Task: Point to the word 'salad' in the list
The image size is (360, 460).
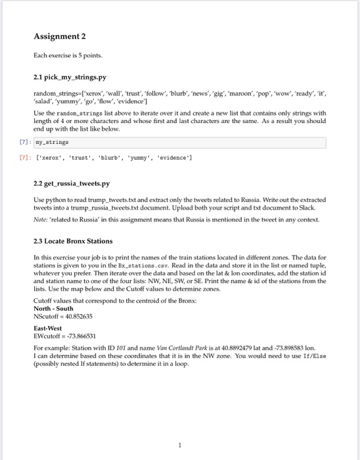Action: pyautogui.click(x=44, y=104)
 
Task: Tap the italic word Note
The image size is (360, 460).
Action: pyautogui.click(x=40, y=217)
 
